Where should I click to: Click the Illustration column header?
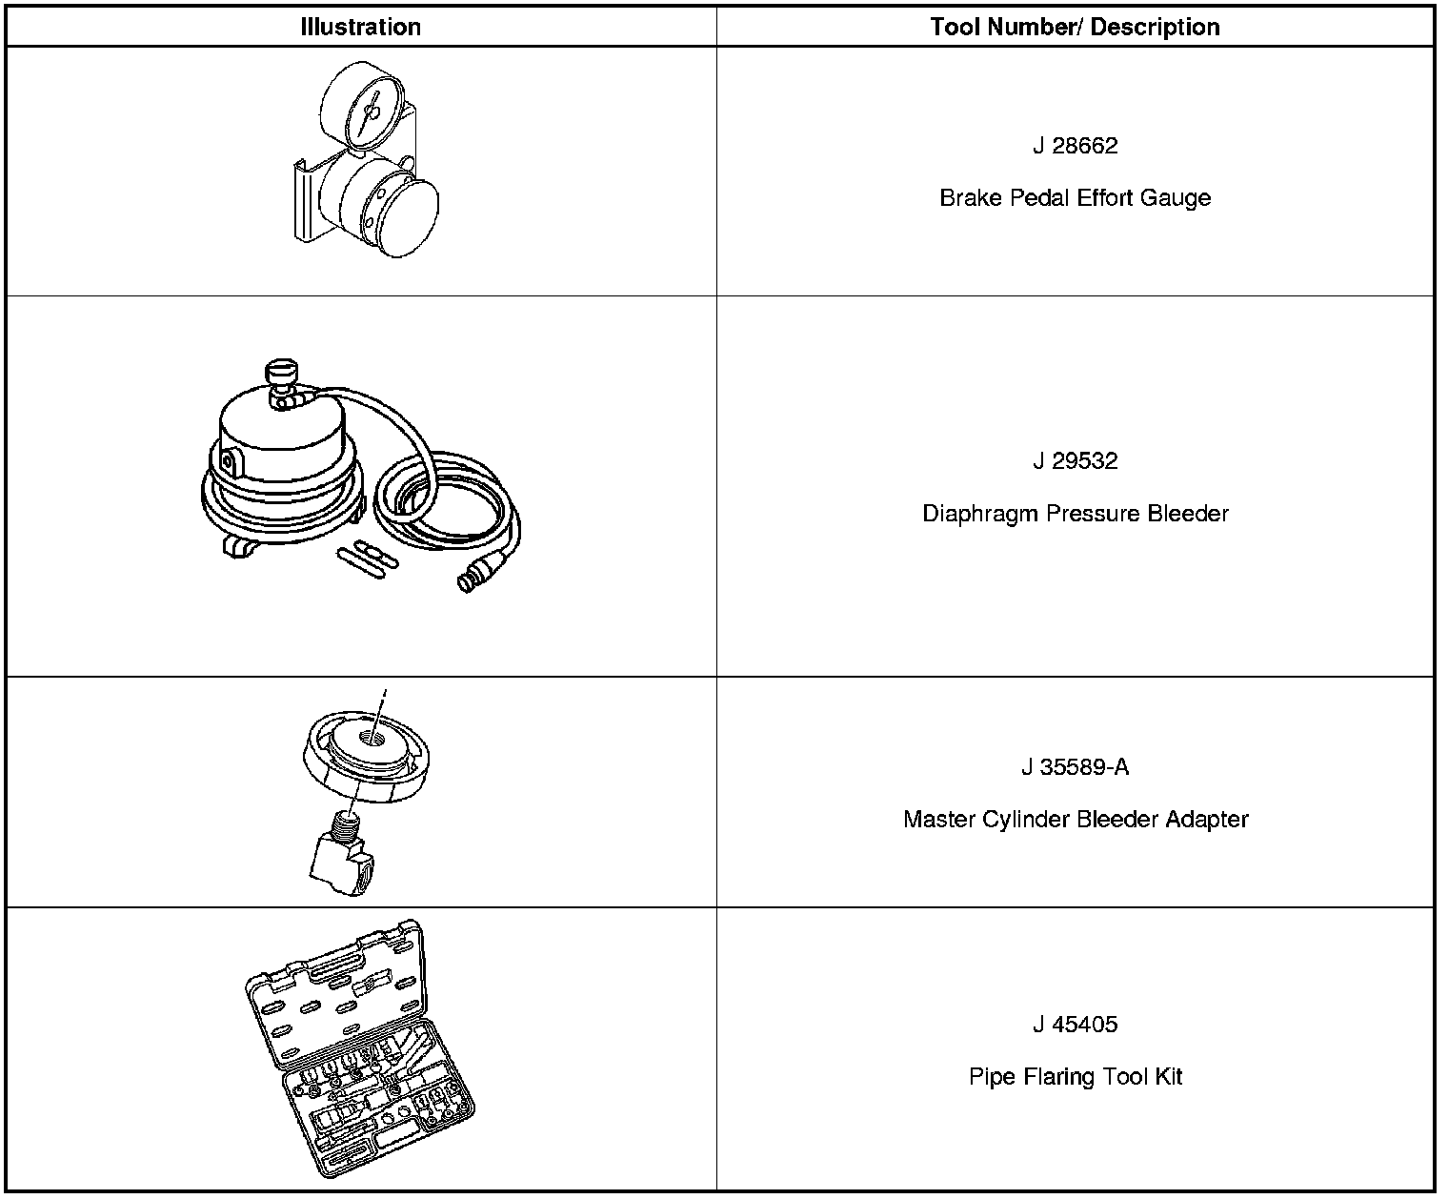click(x=360, y=27)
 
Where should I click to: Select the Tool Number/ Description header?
click(x=1075, y=27)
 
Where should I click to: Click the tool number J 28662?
click(x=1075, y=146)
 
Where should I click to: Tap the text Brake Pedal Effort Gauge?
click(x=1075, y=198)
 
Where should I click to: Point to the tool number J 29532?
click(x=1075, y=461)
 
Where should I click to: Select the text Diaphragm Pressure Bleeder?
click(x=1075, y=514)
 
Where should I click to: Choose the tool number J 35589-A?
click(x=1075, y=767)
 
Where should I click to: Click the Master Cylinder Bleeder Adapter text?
click(x=1075, y=820)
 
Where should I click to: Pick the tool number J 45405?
click(x=1075, y=1025)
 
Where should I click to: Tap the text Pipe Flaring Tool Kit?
click(x=1075, y=1077)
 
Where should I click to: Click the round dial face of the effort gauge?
click(x=367, y=108)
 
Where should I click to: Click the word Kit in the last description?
click(x=1169, y=1077)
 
